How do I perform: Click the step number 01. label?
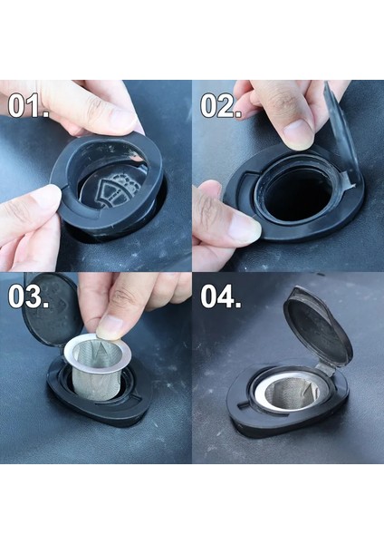click(x=28, y=105)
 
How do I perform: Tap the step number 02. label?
click(x=221, y=105)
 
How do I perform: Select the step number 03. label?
click(x=28, y=296)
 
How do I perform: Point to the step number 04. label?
click(x=221, y=296)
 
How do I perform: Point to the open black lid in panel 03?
click(x=51, y=309)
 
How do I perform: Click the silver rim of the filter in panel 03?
click(x=98, y=354)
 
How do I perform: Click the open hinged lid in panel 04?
click(x=317, y=326)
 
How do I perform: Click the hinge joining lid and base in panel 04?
click(x=326, y=370)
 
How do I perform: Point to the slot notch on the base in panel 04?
click(x=244, y=404)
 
